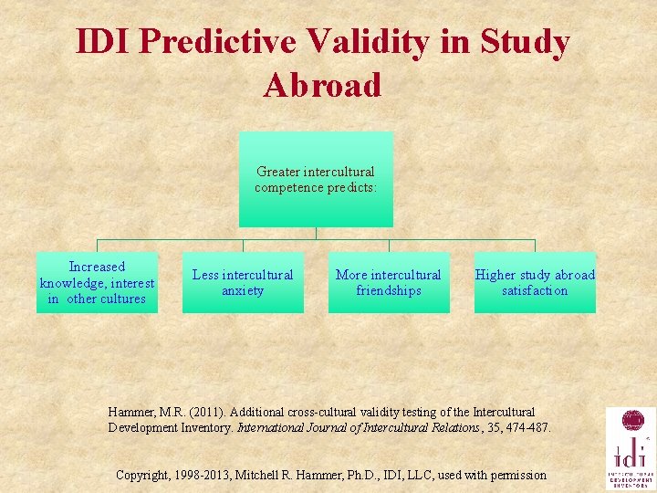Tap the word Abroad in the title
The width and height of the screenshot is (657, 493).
click(x=322, y=85)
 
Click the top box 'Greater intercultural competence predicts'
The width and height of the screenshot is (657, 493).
click(x=316, y=179)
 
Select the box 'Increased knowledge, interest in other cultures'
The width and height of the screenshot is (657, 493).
click(x=97, y=282)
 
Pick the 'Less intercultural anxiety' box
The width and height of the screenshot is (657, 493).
click(x=243, y=282)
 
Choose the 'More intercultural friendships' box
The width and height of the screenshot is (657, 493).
click(x=389, y=282)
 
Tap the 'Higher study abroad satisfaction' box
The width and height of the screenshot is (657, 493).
click(x=535, y=282)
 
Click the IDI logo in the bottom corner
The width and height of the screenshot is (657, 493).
click(x=631, y=448)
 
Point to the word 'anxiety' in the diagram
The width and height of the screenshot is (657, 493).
click(x=243, y=290)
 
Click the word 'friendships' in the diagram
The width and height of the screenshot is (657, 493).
click(x=389, y=290)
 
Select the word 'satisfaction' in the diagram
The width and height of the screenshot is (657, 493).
click(x=535, y=290)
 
